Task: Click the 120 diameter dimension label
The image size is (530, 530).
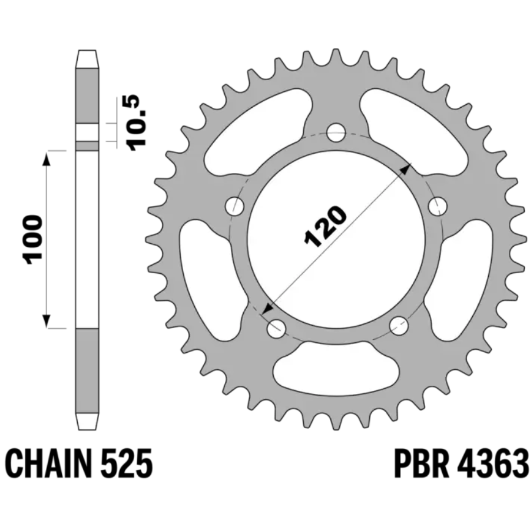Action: (325, 226)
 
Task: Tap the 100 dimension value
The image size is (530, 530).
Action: (32, 239)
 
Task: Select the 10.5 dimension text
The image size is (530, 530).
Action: (137, 122)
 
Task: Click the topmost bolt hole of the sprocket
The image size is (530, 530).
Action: (336, 132)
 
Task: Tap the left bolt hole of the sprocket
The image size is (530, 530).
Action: (234, 206)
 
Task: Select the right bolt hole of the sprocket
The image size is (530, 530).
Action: (438, 206)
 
